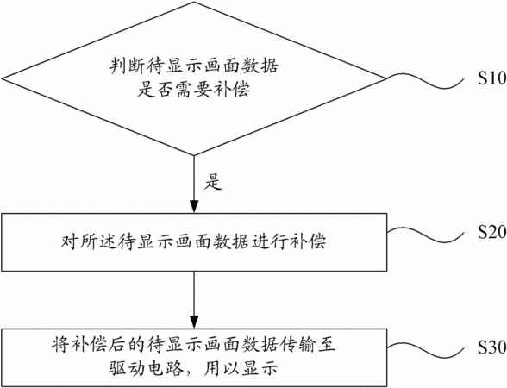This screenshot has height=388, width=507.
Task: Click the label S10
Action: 492,78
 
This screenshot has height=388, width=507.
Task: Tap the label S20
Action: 492,232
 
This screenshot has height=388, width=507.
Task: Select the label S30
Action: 492,347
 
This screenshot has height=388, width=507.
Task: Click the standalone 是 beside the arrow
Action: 213,181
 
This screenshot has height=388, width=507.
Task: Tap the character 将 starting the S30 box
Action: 60,345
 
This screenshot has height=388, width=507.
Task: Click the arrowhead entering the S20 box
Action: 194,207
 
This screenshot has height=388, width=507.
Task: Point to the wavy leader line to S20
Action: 425,235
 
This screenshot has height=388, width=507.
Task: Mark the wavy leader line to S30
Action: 425,351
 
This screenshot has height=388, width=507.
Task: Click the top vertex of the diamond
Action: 194,2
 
